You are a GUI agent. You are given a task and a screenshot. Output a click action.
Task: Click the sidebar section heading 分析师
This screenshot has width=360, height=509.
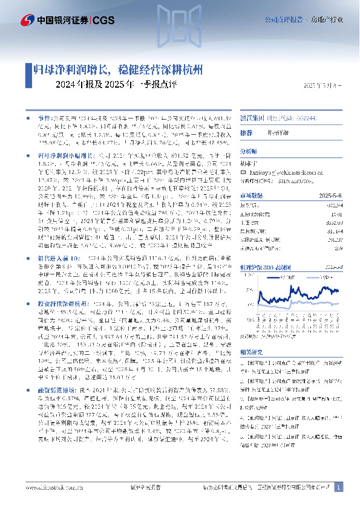coord(249,151)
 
